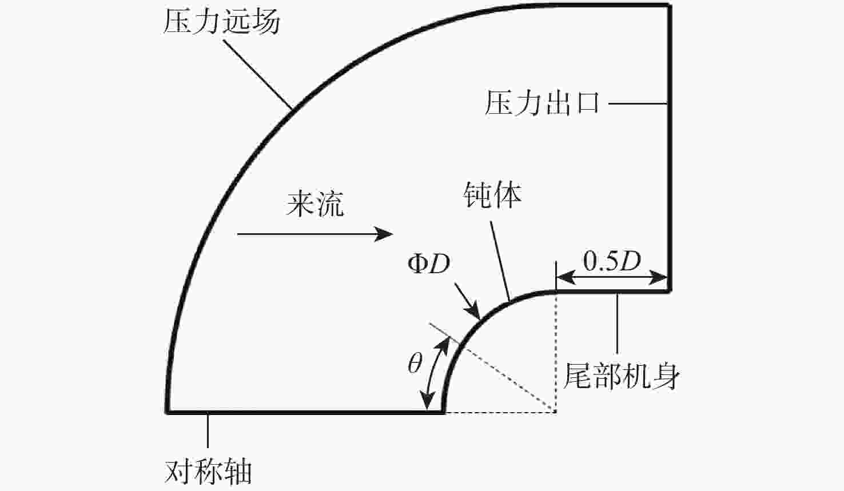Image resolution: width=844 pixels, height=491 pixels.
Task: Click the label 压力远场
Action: tap(221, 22)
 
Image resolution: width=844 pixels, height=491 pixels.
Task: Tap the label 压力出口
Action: tap(542, 103)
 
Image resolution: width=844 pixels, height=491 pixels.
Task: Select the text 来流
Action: tap(316, 204)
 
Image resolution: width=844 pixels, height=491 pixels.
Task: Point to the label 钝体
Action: tap(492, 195)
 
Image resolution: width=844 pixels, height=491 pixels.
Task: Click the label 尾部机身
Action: tap(621, 376)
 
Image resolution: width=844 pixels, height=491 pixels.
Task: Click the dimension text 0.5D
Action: tap(612, 261)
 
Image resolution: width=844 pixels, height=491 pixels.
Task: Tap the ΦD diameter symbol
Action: tap(429, 264)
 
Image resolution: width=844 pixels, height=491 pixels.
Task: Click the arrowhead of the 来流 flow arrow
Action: tap(384, 234)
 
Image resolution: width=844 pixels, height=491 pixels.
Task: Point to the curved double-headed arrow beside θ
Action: tap(435, 373)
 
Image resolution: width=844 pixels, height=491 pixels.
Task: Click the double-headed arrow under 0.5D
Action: tap(612, 278)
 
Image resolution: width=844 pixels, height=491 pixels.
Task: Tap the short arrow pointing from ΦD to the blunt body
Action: tap(468, 302)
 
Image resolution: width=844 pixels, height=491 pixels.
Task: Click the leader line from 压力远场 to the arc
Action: tap(258, 74)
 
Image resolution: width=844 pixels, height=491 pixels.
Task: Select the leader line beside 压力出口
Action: tap(638, 103)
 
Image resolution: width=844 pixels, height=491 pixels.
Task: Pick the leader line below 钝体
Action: tap(500, 261)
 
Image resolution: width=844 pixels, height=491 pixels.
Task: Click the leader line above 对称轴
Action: tap(208, 430)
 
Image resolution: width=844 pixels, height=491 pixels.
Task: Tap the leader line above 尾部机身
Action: tap(617, 323)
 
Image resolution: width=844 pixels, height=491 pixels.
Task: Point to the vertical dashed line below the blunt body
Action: tap(556, 353)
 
